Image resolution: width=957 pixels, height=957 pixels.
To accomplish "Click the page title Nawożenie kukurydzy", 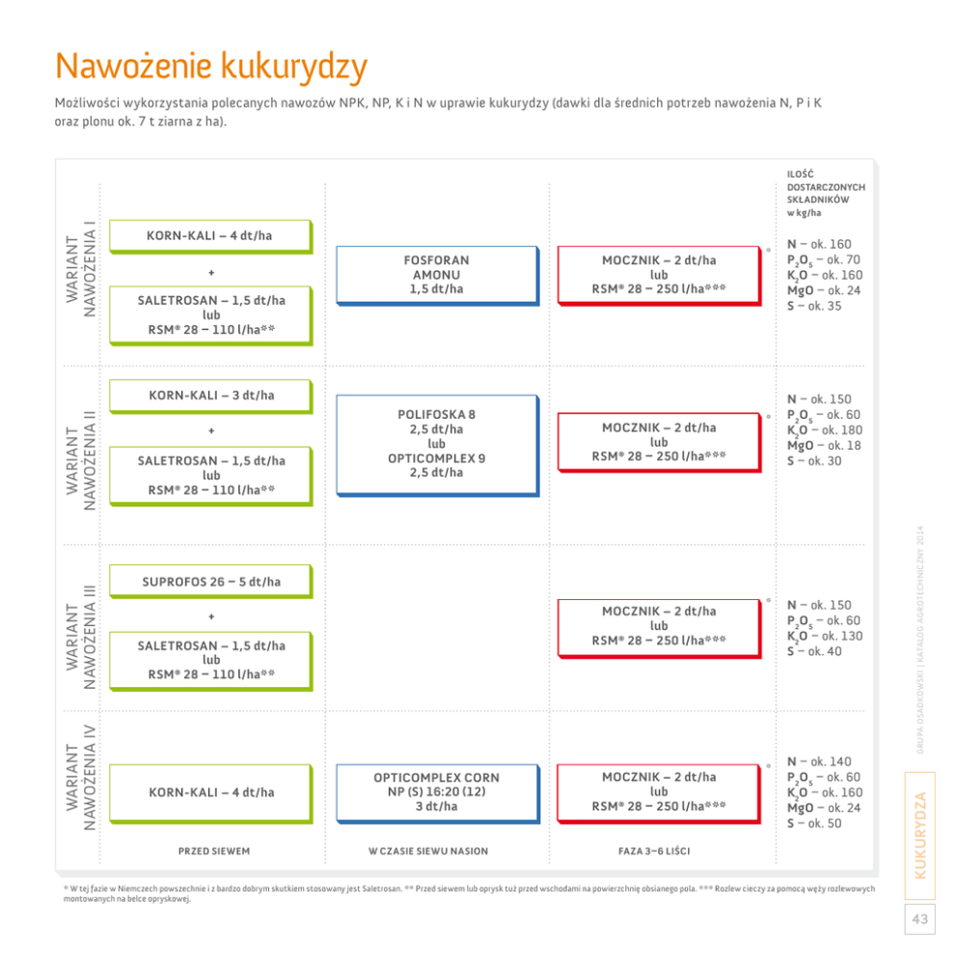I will (211, 68).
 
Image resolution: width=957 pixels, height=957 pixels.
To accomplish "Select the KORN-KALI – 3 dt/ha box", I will (211, 395).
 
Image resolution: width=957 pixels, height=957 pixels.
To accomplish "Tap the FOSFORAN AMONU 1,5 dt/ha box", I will (436, 275).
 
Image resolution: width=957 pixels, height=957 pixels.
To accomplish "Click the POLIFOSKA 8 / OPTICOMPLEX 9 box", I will (436, 444).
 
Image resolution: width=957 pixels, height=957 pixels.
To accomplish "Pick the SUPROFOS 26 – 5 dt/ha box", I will (211, 582).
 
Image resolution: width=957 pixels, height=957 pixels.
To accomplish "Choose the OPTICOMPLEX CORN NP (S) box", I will (436, 792).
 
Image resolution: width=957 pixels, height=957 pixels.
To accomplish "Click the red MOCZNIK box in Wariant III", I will (659, 626).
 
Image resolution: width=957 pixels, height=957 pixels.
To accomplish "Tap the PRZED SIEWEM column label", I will (213, 852).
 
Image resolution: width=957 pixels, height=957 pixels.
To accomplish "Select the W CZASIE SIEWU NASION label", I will (428, 852).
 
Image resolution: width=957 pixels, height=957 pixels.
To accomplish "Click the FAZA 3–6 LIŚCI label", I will (653, 852).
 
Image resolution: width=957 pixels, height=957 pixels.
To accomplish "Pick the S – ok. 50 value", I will (814, 824).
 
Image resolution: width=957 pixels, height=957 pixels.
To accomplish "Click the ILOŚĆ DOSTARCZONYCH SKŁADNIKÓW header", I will (826, 193).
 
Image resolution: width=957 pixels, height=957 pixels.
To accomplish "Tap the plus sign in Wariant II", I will (211, 430).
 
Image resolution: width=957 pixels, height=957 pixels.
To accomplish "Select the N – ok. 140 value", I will (819, 762).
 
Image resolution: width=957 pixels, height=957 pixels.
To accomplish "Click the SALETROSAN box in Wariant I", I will (211, 314).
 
